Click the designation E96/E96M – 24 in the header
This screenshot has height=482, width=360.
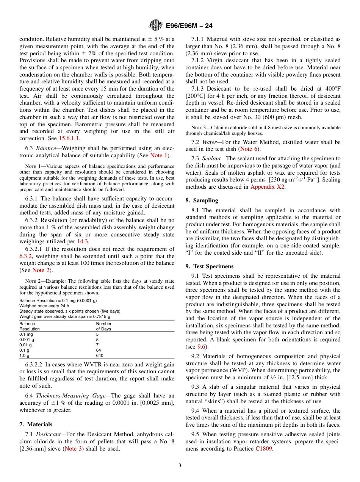pos(189,26)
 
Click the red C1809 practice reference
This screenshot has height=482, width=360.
pos(264,449)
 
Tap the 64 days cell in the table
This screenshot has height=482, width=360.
pos(99,350)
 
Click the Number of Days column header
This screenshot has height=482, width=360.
pos(104,326)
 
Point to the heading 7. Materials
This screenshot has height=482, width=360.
pos(36,424)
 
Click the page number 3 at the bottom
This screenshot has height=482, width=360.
pos(180,465)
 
